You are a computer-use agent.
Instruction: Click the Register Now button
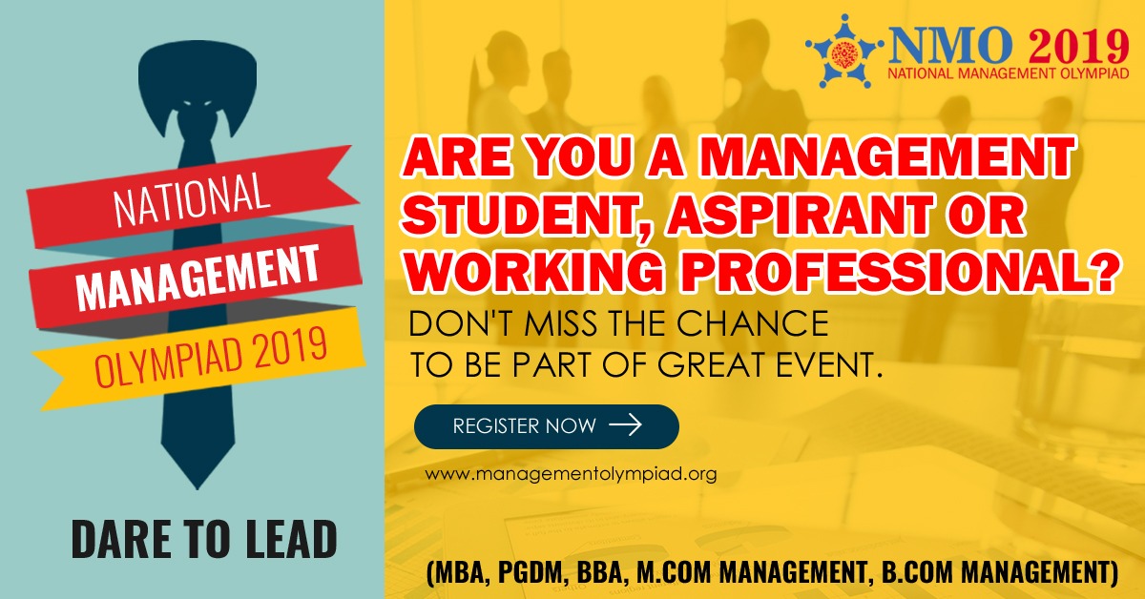tap(547, 426)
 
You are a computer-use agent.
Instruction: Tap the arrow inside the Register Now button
tap(626, 424)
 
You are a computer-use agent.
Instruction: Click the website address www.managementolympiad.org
tap(571, 474)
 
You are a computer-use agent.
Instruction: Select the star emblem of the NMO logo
tap(844, 52)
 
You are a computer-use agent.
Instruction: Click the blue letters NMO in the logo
tap(950, 46)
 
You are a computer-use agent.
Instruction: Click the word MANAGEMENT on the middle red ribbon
tap(198, 277)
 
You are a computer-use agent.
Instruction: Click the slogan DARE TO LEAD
tap(204, 539)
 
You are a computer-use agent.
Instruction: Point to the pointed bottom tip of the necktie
tap(198, 488)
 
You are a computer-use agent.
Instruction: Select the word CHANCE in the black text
tap(753, 323)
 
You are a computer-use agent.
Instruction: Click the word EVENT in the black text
tap(828, 364)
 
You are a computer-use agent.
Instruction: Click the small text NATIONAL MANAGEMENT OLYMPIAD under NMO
tap(1008, 73)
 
